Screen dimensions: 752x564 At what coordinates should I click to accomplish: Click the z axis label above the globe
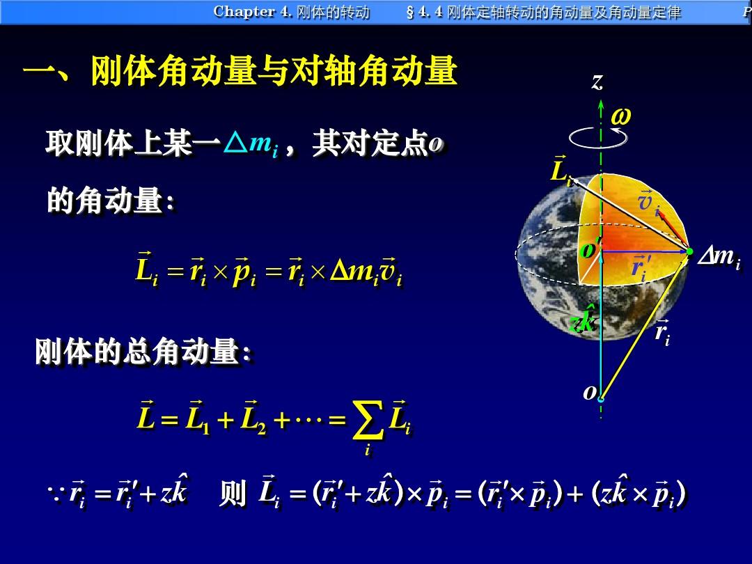click(597, 82)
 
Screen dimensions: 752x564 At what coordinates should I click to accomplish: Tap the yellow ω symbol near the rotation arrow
click(620, 116)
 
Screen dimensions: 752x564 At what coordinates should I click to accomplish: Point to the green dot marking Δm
click(689, 251)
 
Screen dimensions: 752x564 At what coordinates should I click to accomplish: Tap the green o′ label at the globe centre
click(590, 248)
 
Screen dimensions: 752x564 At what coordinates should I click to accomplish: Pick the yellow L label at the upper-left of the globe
click(561, 171)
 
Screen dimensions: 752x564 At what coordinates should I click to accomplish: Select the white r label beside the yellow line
click(662, 332)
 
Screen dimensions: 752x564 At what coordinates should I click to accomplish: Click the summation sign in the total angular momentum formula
click(368, 421)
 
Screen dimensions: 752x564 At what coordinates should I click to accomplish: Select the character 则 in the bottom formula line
click(233, 494)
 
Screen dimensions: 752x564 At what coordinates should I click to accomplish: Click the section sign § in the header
click(410, 12)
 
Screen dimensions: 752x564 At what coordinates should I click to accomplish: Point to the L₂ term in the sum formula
click(253, 417)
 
